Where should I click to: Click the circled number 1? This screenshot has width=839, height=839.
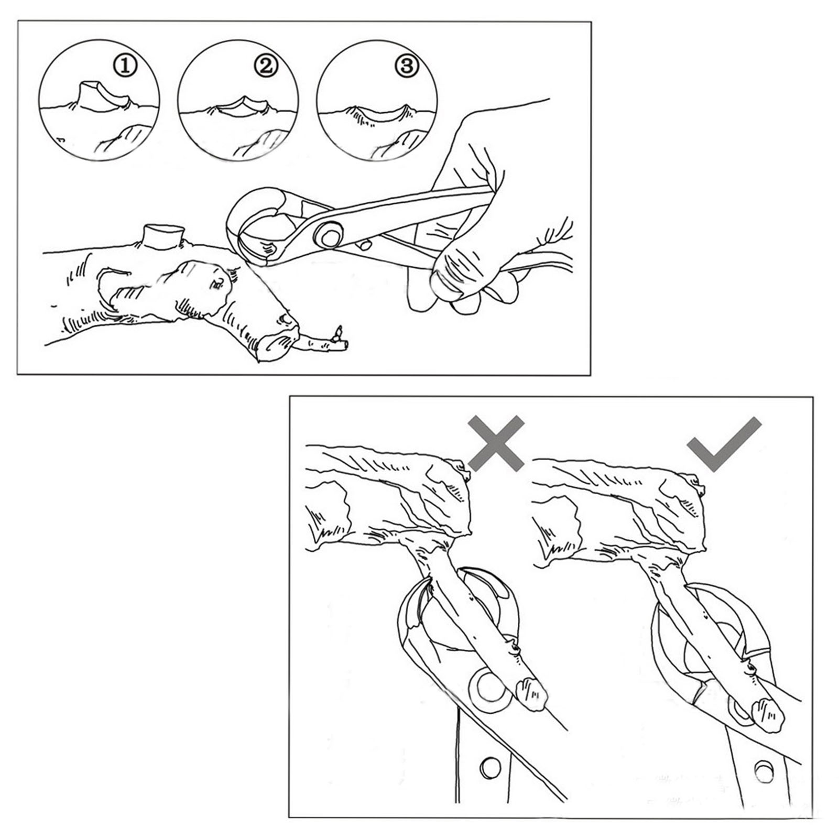(x=125, y=67)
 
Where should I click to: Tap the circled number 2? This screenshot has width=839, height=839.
(x=265, y=66)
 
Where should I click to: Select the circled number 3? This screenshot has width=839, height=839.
(x=407, y=66)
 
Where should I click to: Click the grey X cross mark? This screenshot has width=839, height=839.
(x=496, y=443)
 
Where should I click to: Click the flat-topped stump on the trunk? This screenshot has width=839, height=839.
(x=164, y=236)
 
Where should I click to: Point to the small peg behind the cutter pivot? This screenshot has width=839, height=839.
(x=364, y=245)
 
